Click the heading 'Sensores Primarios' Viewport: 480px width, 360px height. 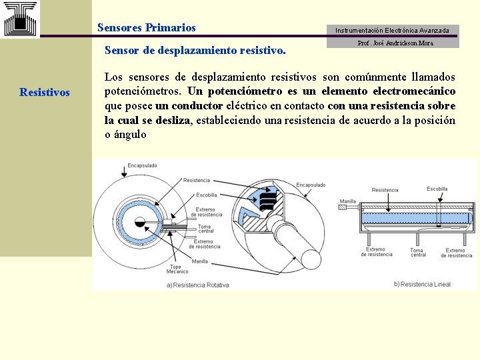point(147,28)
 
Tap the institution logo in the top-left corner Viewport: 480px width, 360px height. point(20,19)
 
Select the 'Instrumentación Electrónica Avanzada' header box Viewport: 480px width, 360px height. point(392,31)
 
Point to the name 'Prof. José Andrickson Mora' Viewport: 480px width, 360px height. point(395,43)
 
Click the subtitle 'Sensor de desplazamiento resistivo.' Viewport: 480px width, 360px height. point(195,50)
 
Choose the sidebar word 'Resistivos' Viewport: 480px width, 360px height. point(45,92)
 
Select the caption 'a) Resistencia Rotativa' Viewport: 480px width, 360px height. point(199,285)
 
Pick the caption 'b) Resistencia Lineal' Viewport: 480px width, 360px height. point(423,284)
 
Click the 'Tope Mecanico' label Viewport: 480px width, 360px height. point(177,269)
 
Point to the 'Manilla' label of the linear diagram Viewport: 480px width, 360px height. point(347,201)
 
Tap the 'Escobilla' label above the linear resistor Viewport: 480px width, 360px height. point(437,189)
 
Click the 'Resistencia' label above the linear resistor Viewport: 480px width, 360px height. point(385,190)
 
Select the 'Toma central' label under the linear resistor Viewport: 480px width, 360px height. point(418,253)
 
